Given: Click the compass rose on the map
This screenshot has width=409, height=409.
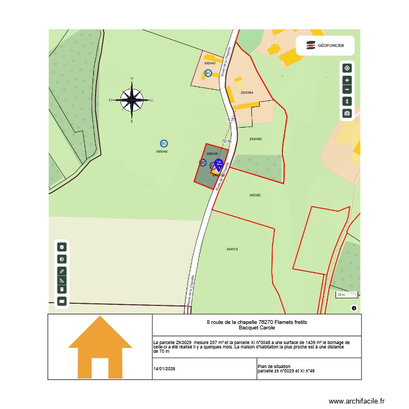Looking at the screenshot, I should click(131, 100).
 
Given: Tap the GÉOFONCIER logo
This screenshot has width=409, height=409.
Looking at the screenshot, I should click(325, 46).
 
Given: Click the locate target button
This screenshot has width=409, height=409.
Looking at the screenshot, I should click(347, 68).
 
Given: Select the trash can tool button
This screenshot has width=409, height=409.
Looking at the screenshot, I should click(62, 290).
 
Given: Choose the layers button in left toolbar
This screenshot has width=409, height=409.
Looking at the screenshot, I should click(62, 247).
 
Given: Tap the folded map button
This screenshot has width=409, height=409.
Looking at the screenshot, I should click(62, 300).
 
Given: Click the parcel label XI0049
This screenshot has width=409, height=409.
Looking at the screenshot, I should click(162, 152).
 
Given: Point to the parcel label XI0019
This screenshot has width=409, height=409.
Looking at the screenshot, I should click(232, 249).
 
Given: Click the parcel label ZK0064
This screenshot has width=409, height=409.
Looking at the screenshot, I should click(247, 93).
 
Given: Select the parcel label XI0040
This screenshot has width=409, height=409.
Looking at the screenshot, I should click(209, 63).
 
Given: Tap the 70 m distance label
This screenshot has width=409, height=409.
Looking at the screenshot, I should click(226, 141).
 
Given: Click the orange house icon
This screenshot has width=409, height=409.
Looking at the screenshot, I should click(100, 347).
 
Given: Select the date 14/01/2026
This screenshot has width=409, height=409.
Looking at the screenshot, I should click(165, 369).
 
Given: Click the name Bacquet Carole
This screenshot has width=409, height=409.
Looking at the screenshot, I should click(257, 328).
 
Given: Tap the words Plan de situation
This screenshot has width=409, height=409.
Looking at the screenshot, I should click(274, 366).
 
